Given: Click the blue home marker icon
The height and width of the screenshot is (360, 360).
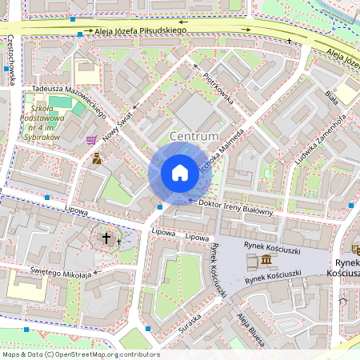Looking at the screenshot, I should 180,173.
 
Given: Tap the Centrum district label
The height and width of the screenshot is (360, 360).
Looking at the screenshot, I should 194,137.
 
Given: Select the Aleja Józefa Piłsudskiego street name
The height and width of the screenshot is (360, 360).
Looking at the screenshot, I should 141,31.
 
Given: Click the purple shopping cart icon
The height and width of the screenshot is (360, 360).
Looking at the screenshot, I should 91,140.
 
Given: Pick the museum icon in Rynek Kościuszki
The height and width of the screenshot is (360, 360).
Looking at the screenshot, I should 263,262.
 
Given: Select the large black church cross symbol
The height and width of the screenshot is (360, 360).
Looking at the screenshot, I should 106,238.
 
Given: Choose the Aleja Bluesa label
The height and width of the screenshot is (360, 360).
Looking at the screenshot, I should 252,328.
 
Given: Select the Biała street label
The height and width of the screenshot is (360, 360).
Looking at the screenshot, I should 331,97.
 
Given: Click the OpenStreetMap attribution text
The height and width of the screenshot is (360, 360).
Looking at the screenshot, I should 81,354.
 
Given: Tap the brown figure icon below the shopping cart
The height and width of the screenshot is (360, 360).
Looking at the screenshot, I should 97,158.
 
